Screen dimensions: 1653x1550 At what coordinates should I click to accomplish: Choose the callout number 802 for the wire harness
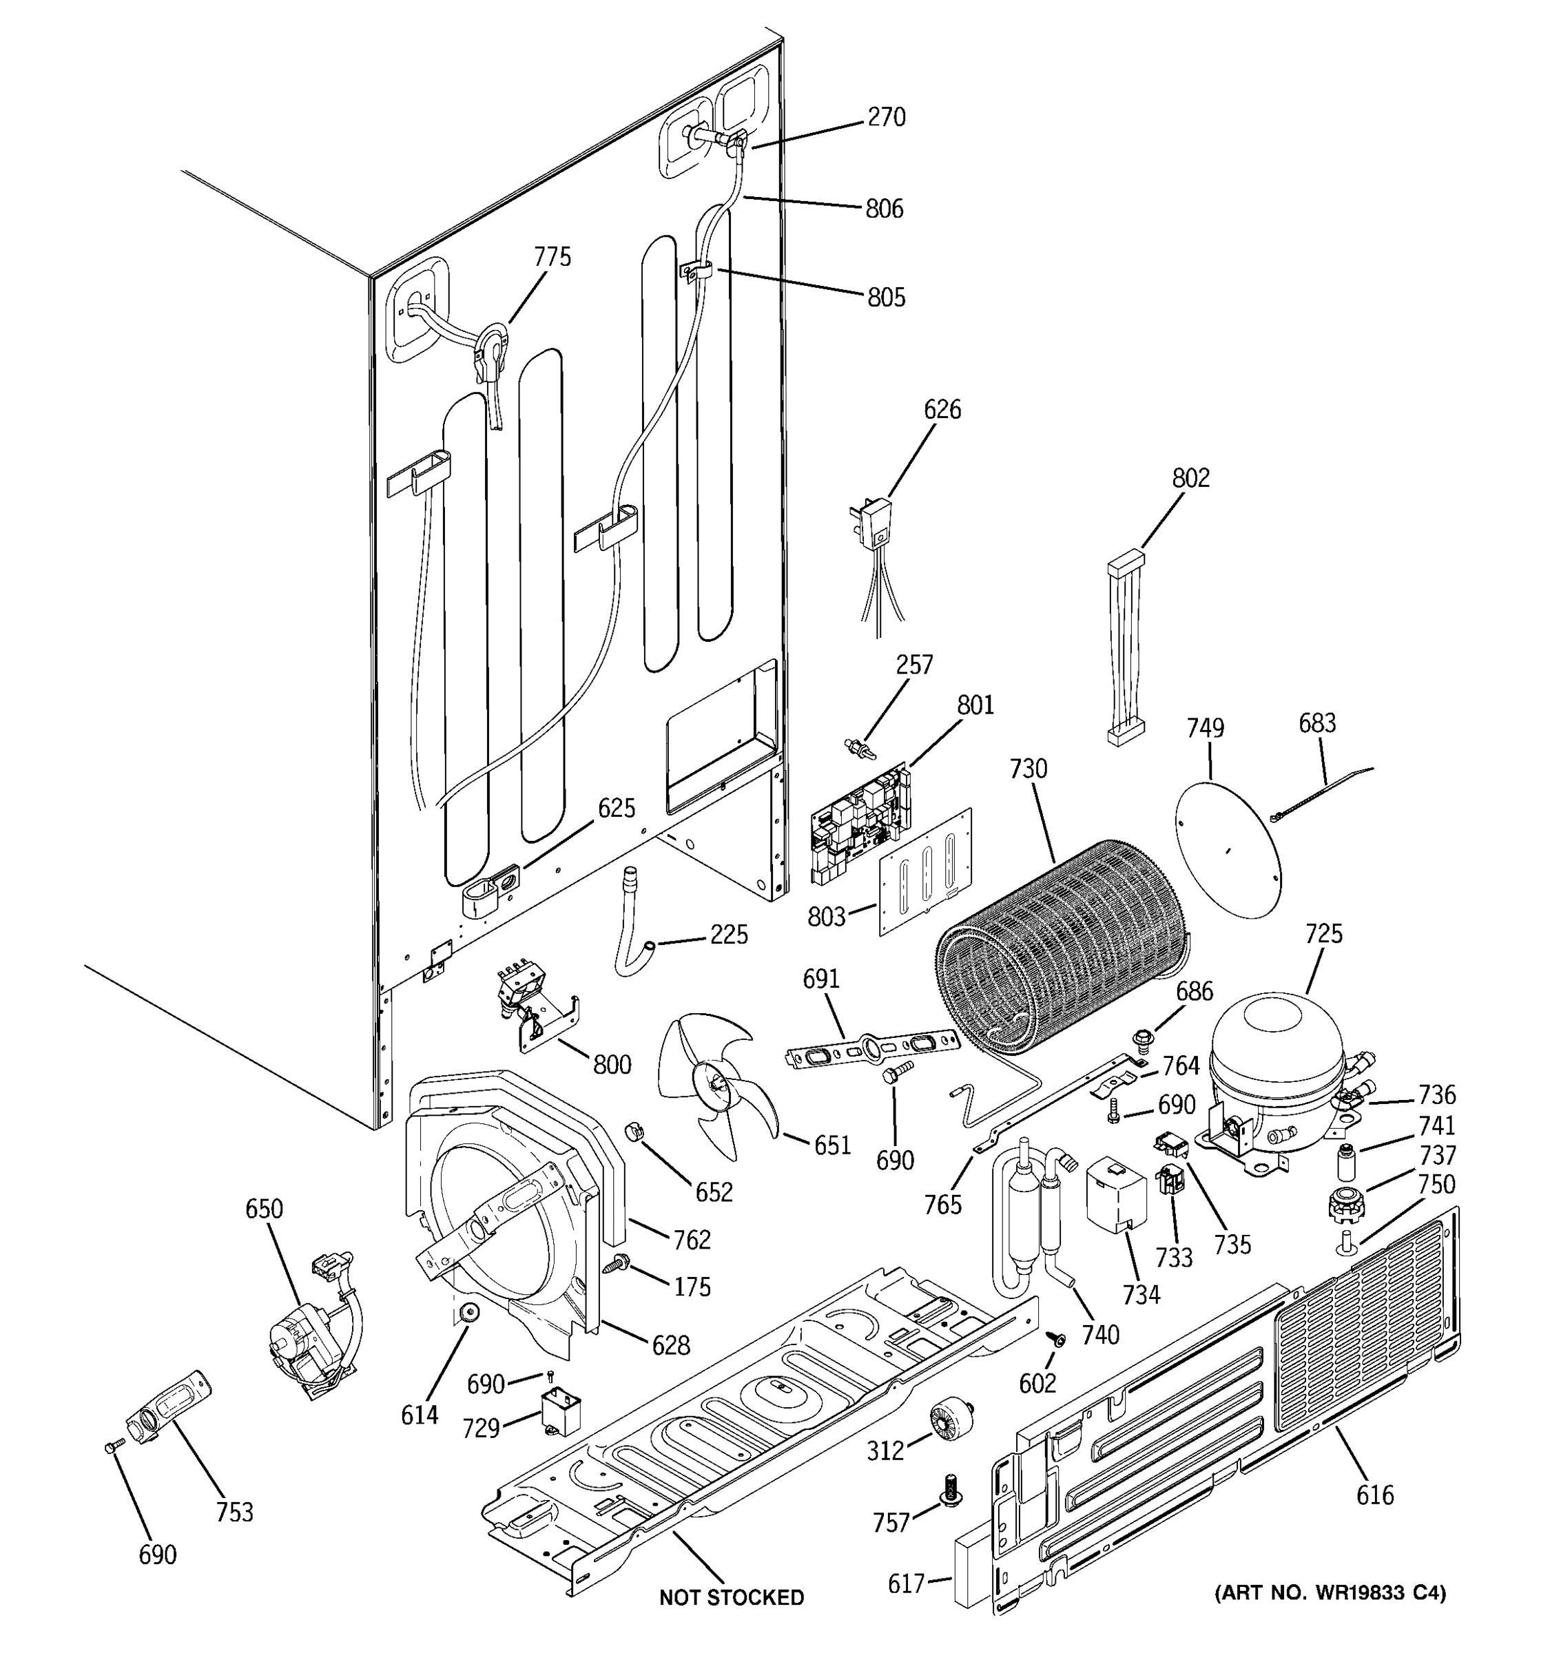click(1191, 478)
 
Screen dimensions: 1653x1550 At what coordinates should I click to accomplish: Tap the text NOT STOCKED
click(731, 1597)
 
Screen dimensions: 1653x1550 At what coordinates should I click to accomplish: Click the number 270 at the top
click(887, 117)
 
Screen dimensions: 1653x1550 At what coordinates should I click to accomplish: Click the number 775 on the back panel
click(552, 257)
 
